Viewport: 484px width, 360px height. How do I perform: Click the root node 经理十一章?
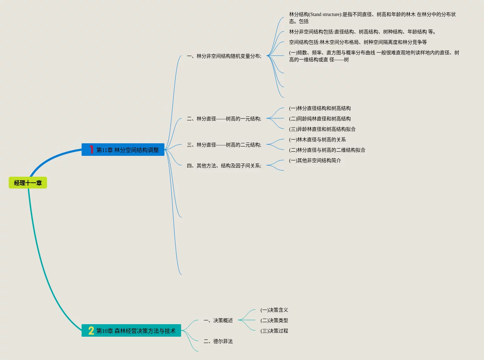[x=28, y=183]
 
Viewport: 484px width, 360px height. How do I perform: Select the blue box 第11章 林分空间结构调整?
[x=127, y=150]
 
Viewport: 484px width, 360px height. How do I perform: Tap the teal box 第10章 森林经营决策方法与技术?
[x=136, y=331]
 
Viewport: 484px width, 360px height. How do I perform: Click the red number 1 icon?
[x=91, y=150]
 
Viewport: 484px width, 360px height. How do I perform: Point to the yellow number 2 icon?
[x=91, y=331]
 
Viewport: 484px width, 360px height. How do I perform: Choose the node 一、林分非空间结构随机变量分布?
[x=224, y=56]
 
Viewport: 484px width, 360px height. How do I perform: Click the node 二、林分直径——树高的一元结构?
[x=224, y=119]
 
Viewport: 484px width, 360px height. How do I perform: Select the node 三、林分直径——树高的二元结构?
[x=224, y=145]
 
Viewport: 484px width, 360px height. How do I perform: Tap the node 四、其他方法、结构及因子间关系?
[x=224, y=166]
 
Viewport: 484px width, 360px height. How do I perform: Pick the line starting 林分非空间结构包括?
[x=362, y=32]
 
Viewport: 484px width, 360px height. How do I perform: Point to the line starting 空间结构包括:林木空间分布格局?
[x=358, y=42]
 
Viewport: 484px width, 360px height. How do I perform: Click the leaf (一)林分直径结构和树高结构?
[x=320, y=108]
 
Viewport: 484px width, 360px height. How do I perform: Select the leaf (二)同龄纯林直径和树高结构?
[x=320, y=119]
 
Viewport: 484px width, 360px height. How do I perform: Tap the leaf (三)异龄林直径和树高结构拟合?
[x=322, y=129]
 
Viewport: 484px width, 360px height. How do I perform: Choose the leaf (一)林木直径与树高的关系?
[x=317, y=139]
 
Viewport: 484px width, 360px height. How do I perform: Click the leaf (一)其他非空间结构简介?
[x=315, y=160]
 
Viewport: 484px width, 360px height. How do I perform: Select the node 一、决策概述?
[x=218, y=320]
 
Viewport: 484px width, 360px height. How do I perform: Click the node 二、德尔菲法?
[x=218, y=341]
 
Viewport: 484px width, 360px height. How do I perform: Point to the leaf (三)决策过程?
[x=274, y=331]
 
